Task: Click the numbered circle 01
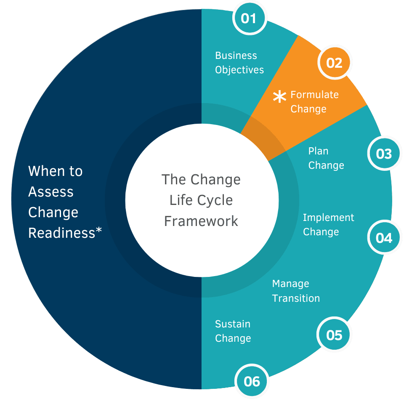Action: (x=249, y=19)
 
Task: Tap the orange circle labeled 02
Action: (x=335, y=63)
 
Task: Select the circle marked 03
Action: (x=384, y=154)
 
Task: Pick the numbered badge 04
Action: (x=384, y=238)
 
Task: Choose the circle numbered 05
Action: (x=335, y=335)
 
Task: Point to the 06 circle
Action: (x=252, y=381)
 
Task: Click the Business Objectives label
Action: (x=239, y=63)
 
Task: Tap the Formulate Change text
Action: (x=314, y=102)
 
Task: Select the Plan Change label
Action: (x=326, y=158)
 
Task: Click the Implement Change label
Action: (x=328, y=225)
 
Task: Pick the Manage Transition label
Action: (x=296, y=291)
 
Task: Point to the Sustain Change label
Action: (x=233, y=331)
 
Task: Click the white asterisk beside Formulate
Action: (x=279, y=97)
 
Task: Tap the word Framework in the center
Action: (x=201, y=221)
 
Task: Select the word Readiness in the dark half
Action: (x=62, y=233)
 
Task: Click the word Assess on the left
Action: (x=50, y=192)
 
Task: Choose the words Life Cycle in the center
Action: (x=201, y=200)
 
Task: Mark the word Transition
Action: (x=296, y=298)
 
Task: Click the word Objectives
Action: (x=239, y=70)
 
